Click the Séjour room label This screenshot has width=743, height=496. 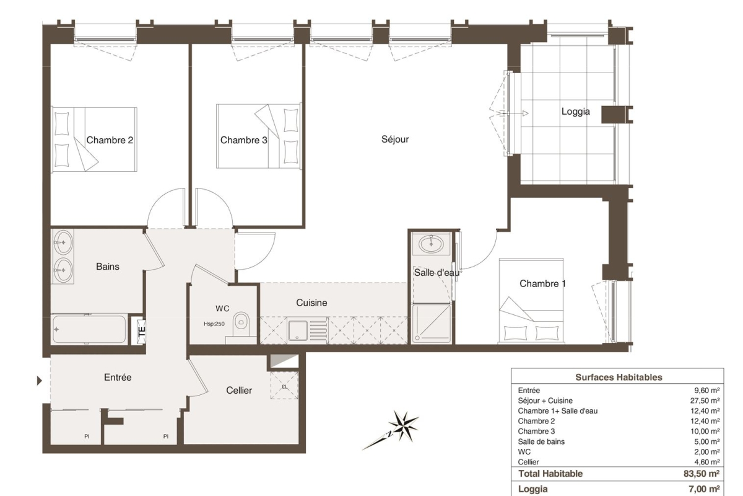(395, 139)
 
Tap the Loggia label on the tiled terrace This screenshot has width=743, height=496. (575, 112)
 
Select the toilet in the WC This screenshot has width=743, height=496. (241, 324)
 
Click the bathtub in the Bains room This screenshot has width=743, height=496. (89, 329)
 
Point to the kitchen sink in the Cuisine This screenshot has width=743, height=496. (298, 330)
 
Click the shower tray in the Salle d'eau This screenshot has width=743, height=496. (431, 324)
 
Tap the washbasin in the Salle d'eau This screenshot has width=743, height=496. (431, 244)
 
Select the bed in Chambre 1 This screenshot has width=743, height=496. (531, 301)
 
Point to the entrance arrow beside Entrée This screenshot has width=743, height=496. (40, 381)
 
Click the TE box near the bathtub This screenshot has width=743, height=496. (141, 331)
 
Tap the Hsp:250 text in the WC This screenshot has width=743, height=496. (214, 324)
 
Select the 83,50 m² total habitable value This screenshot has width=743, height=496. (702, 474)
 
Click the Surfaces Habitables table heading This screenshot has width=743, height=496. (619, 377)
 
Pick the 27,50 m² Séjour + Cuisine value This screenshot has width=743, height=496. (705, 401)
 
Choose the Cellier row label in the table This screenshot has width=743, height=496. (528, 462)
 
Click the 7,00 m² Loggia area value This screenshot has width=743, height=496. (704, 489)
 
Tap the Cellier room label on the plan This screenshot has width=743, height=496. (239, 391)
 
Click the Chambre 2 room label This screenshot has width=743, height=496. (110, 140)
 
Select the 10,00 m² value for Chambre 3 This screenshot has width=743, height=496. (705, 432)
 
